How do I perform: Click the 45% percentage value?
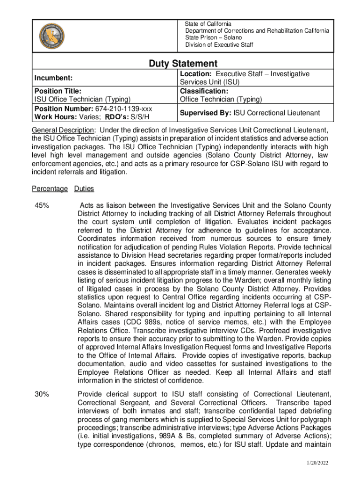tap(42, 205)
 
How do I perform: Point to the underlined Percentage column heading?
tap(50, 189)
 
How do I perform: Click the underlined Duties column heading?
tap(84, 189)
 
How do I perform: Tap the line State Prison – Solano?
tap(213, 37)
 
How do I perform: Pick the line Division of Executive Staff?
tap(219, 45)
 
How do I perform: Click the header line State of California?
tap(208, 24)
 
